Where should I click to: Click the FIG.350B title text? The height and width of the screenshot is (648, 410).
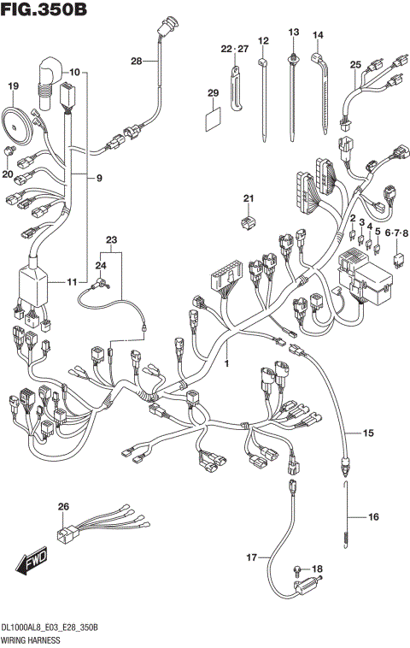click(45, 10)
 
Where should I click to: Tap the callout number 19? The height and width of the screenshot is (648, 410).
click(13, 86)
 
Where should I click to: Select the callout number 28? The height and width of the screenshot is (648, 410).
click(137, 61)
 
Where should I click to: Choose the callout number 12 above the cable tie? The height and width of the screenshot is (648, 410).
click(263, 40)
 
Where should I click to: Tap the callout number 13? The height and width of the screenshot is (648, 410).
click(293, 32)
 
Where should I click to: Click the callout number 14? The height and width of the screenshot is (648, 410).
click(318, 35)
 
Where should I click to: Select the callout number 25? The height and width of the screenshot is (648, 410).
click(355, 64)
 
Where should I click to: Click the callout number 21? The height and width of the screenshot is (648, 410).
click(249, 199)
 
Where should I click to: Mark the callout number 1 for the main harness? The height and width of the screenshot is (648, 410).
click(226, 364)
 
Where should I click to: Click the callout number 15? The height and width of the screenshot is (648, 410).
click(368, 434)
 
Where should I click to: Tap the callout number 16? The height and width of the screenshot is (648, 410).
click(372, 516)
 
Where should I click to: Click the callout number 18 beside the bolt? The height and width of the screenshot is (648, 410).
click(318, 568)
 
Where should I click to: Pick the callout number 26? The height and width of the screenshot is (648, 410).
click(62, 508)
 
